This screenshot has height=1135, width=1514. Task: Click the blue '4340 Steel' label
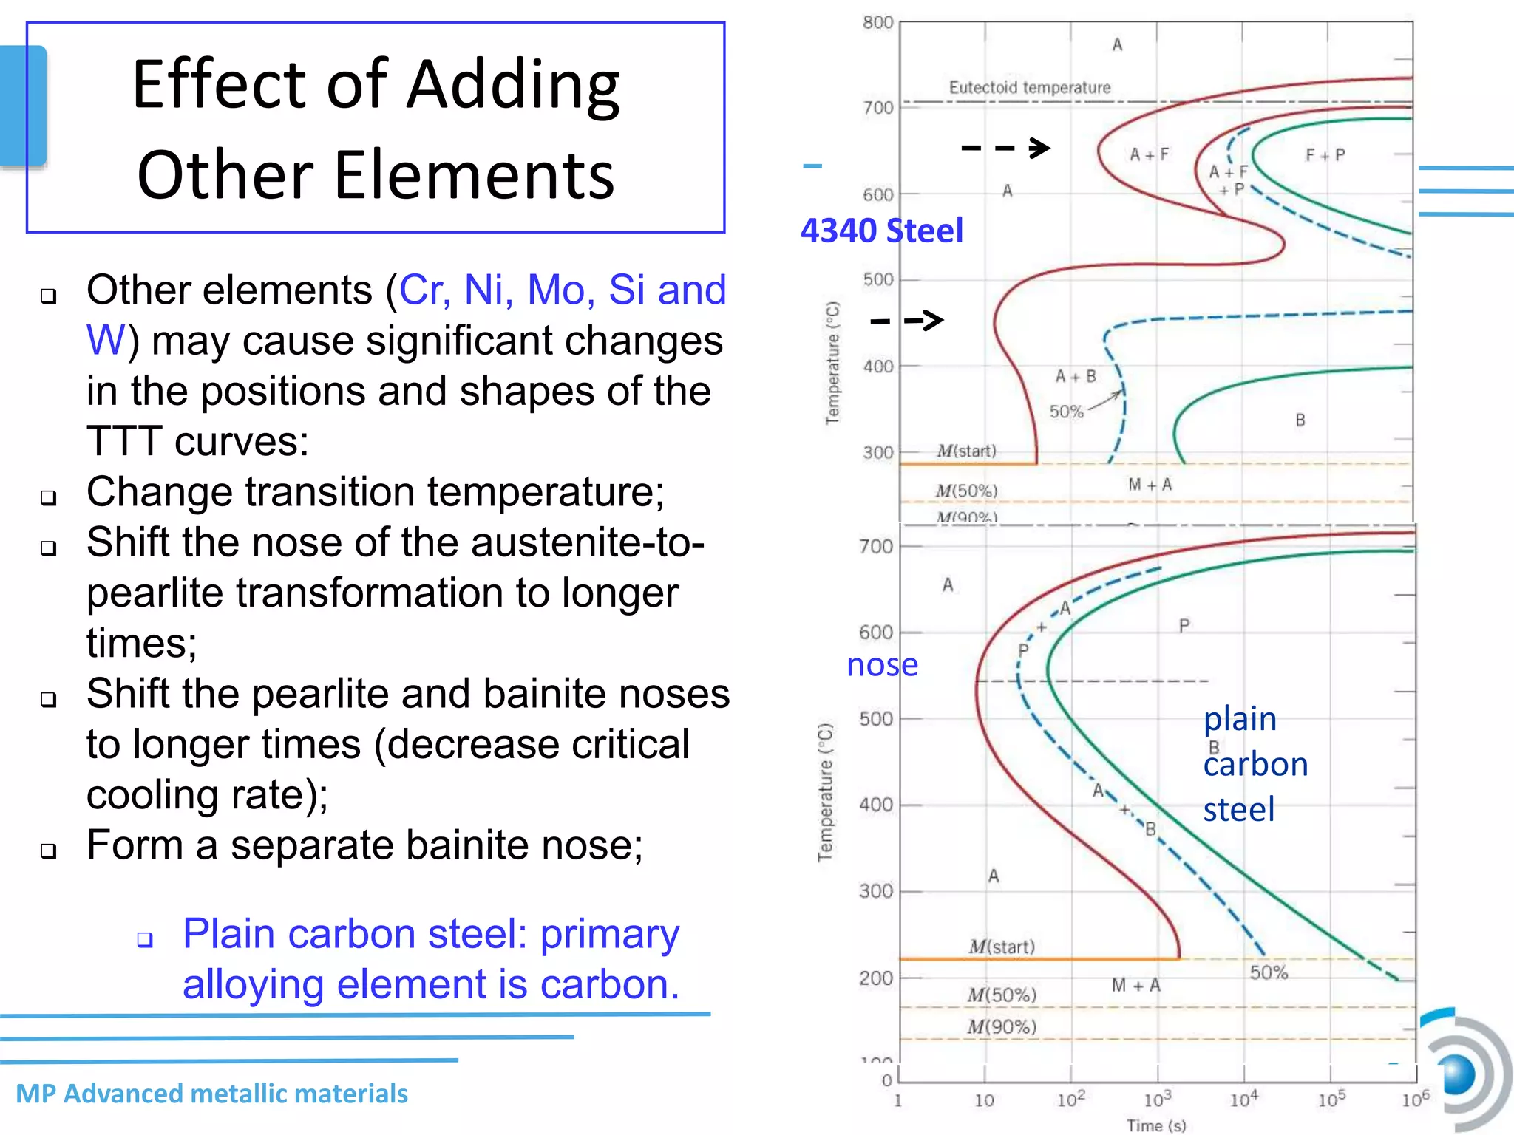(x=882, y=231)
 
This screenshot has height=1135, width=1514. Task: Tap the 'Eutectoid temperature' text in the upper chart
(x=1029, y=87)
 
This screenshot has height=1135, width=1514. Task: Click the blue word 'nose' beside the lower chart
(x=882, y=665)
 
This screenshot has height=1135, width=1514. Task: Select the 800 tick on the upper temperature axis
(x=878, y=23)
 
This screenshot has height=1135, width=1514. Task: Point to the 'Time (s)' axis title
(x=1155, y=1125)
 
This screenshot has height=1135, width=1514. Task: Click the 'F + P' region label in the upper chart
(x=1325, y=155)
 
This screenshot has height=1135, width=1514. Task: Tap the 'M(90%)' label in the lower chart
(x=1002, y=1026)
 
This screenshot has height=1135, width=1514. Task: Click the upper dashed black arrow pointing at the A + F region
(x=1005, y=148)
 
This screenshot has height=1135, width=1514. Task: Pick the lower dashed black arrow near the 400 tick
(x=907, y=320)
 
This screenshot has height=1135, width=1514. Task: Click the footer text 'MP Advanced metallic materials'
(x=211, y=1094)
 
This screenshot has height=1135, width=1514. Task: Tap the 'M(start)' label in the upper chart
(x=966, y=451)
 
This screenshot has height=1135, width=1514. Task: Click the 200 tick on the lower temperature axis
(x=876, y=978)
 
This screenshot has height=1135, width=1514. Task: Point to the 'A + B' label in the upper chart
(x=1075, y=377)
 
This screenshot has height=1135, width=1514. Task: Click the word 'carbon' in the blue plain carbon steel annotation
(x=1255, y=764)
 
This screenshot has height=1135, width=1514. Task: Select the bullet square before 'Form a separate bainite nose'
(x=49, y=851)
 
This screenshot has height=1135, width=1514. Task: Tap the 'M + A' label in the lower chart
(x=1135, y=985)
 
